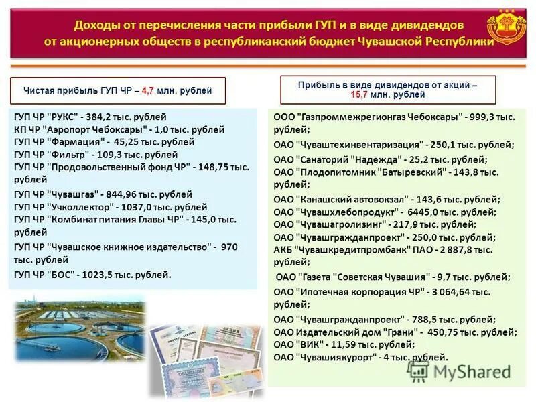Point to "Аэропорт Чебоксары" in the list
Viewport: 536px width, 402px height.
[x=93, y=129]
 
